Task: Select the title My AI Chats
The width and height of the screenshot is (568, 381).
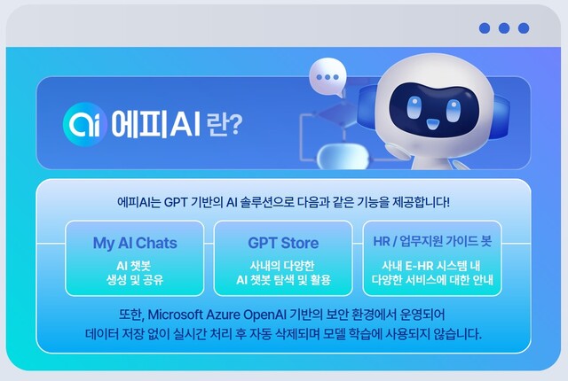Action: coord(135,243)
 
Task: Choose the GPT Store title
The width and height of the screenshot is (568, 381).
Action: coord(283,243)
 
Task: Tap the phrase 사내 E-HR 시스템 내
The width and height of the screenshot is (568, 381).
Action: coord(431,265)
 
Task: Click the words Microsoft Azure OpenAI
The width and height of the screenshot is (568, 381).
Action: coord(234,315)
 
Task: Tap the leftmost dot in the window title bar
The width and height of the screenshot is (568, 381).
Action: coord(485,28)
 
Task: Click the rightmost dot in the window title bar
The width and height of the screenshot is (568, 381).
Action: coord(524,28)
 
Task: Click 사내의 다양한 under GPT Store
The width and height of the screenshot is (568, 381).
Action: coord(283,265)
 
